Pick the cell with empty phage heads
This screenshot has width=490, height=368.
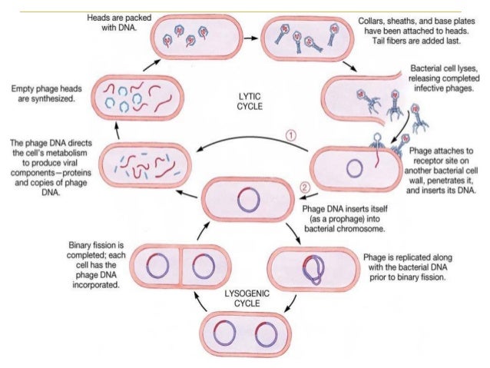[130, 96]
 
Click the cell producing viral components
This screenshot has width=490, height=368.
[130, 164]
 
